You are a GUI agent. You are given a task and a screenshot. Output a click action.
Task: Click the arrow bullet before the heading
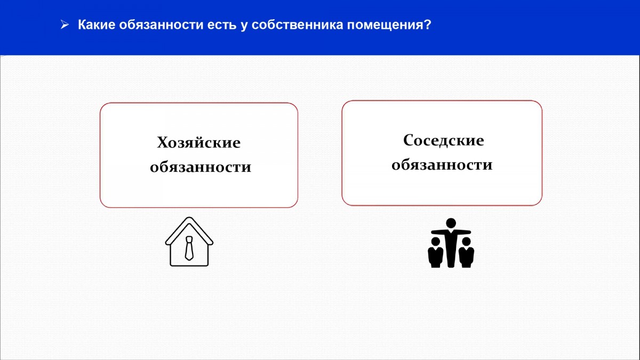tap(65, 25)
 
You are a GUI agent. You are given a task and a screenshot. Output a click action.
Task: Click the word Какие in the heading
tap(96, 25)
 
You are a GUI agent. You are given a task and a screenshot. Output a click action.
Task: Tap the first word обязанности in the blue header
tap(161, 25)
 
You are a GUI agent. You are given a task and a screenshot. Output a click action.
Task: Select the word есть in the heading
tap(222, 25)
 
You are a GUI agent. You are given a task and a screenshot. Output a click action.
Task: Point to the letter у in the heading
tap(244, 26)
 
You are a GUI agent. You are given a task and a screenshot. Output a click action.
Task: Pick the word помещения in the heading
tap(386, 25)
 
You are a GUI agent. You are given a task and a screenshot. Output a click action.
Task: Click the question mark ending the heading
tap(428, 25)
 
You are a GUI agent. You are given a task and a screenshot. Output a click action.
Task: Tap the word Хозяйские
tap(198, 142)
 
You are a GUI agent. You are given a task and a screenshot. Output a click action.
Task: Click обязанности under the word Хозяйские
tap(201, 166)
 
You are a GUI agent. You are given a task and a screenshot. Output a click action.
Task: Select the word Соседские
tap(443, 140)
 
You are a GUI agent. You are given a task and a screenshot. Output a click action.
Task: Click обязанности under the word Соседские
tap(442, 164)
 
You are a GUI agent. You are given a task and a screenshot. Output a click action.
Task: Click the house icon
tap(189, 242)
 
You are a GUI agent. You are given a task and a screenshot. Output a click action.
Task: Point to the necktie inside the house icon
tap(189, 248)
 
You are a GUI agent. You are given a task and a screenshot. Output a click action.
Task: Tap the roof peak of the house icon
tap(189, 218)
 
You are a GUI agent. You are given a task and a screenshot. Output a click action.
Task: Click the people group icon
tap(451, 243)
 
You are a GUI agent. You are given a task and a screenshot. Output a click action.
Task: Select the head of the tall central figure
tap(451, 223)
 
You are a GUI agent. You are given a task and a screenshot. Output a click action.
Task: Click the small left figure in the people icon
tap(435, 253)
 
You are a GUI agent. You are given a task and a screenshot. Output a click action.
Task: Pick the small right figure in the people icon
tap(466, 253)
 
